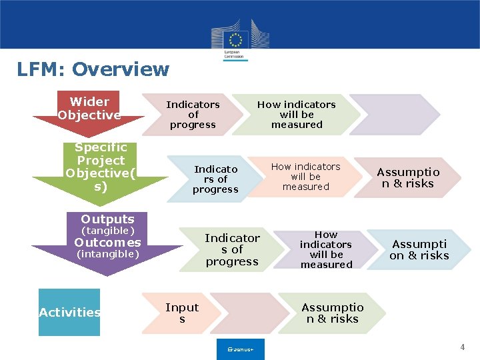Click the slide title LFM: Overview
coord(93,69)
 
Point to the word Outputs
coord(107,219)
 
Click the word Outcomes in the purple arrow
coord(107,243)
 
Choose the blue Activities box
coord(69,312)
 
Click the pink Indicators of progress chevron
coord(193,115)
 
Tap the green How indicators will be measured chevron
coord(297,115)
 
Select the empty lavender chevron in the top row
coord(393,115)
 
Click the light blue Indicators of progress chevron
coord(215,179)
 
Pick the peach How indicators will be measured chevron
coord(306,177)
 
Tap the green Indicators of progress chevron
coord(232,249)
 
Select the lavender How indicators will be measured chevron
coord(326,249)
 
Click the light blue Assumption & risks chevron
coord(419,249)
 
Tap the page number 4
coord(462,347)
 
